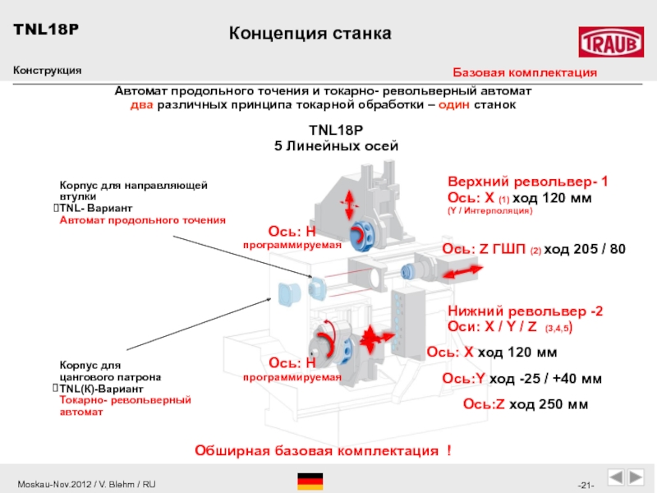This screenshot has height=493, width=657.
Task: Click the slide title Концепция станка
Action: click(310, 34)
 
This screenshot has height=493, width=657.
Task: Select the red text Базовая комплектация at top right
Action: click(526, 73)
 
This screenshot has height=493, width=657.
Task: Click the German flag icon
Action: click(310, 481)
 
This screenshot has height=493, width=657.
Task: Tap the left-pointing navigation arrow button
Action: click(615, 478)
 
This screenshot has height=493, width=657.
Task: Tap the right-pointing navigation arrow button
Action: click(636, 478)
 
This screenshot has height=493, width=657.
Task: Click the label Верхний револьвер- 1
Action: click(527, 181)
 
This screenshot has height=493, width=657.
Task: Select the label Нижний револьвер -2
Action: click(526, 311)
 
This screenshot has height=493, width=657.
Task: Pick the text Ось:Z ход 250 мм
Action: click(526, 403)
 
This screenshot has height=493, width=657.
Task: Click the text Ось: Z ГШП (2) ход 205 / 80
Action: click(534, 249)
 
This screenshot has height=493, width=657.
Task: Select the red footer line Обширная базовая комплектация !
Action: click(322, 451)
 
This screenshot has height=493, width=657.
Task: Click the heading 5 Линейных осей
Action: click(335, 145)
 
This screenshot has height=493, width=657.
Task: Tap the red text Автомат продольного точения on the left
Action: click(142, 220)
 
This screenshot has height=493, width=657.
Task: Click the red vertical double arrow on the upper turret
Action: click(351, 200)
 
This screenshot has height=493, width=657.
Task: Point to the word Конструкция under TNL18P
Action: click(47, 71)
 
